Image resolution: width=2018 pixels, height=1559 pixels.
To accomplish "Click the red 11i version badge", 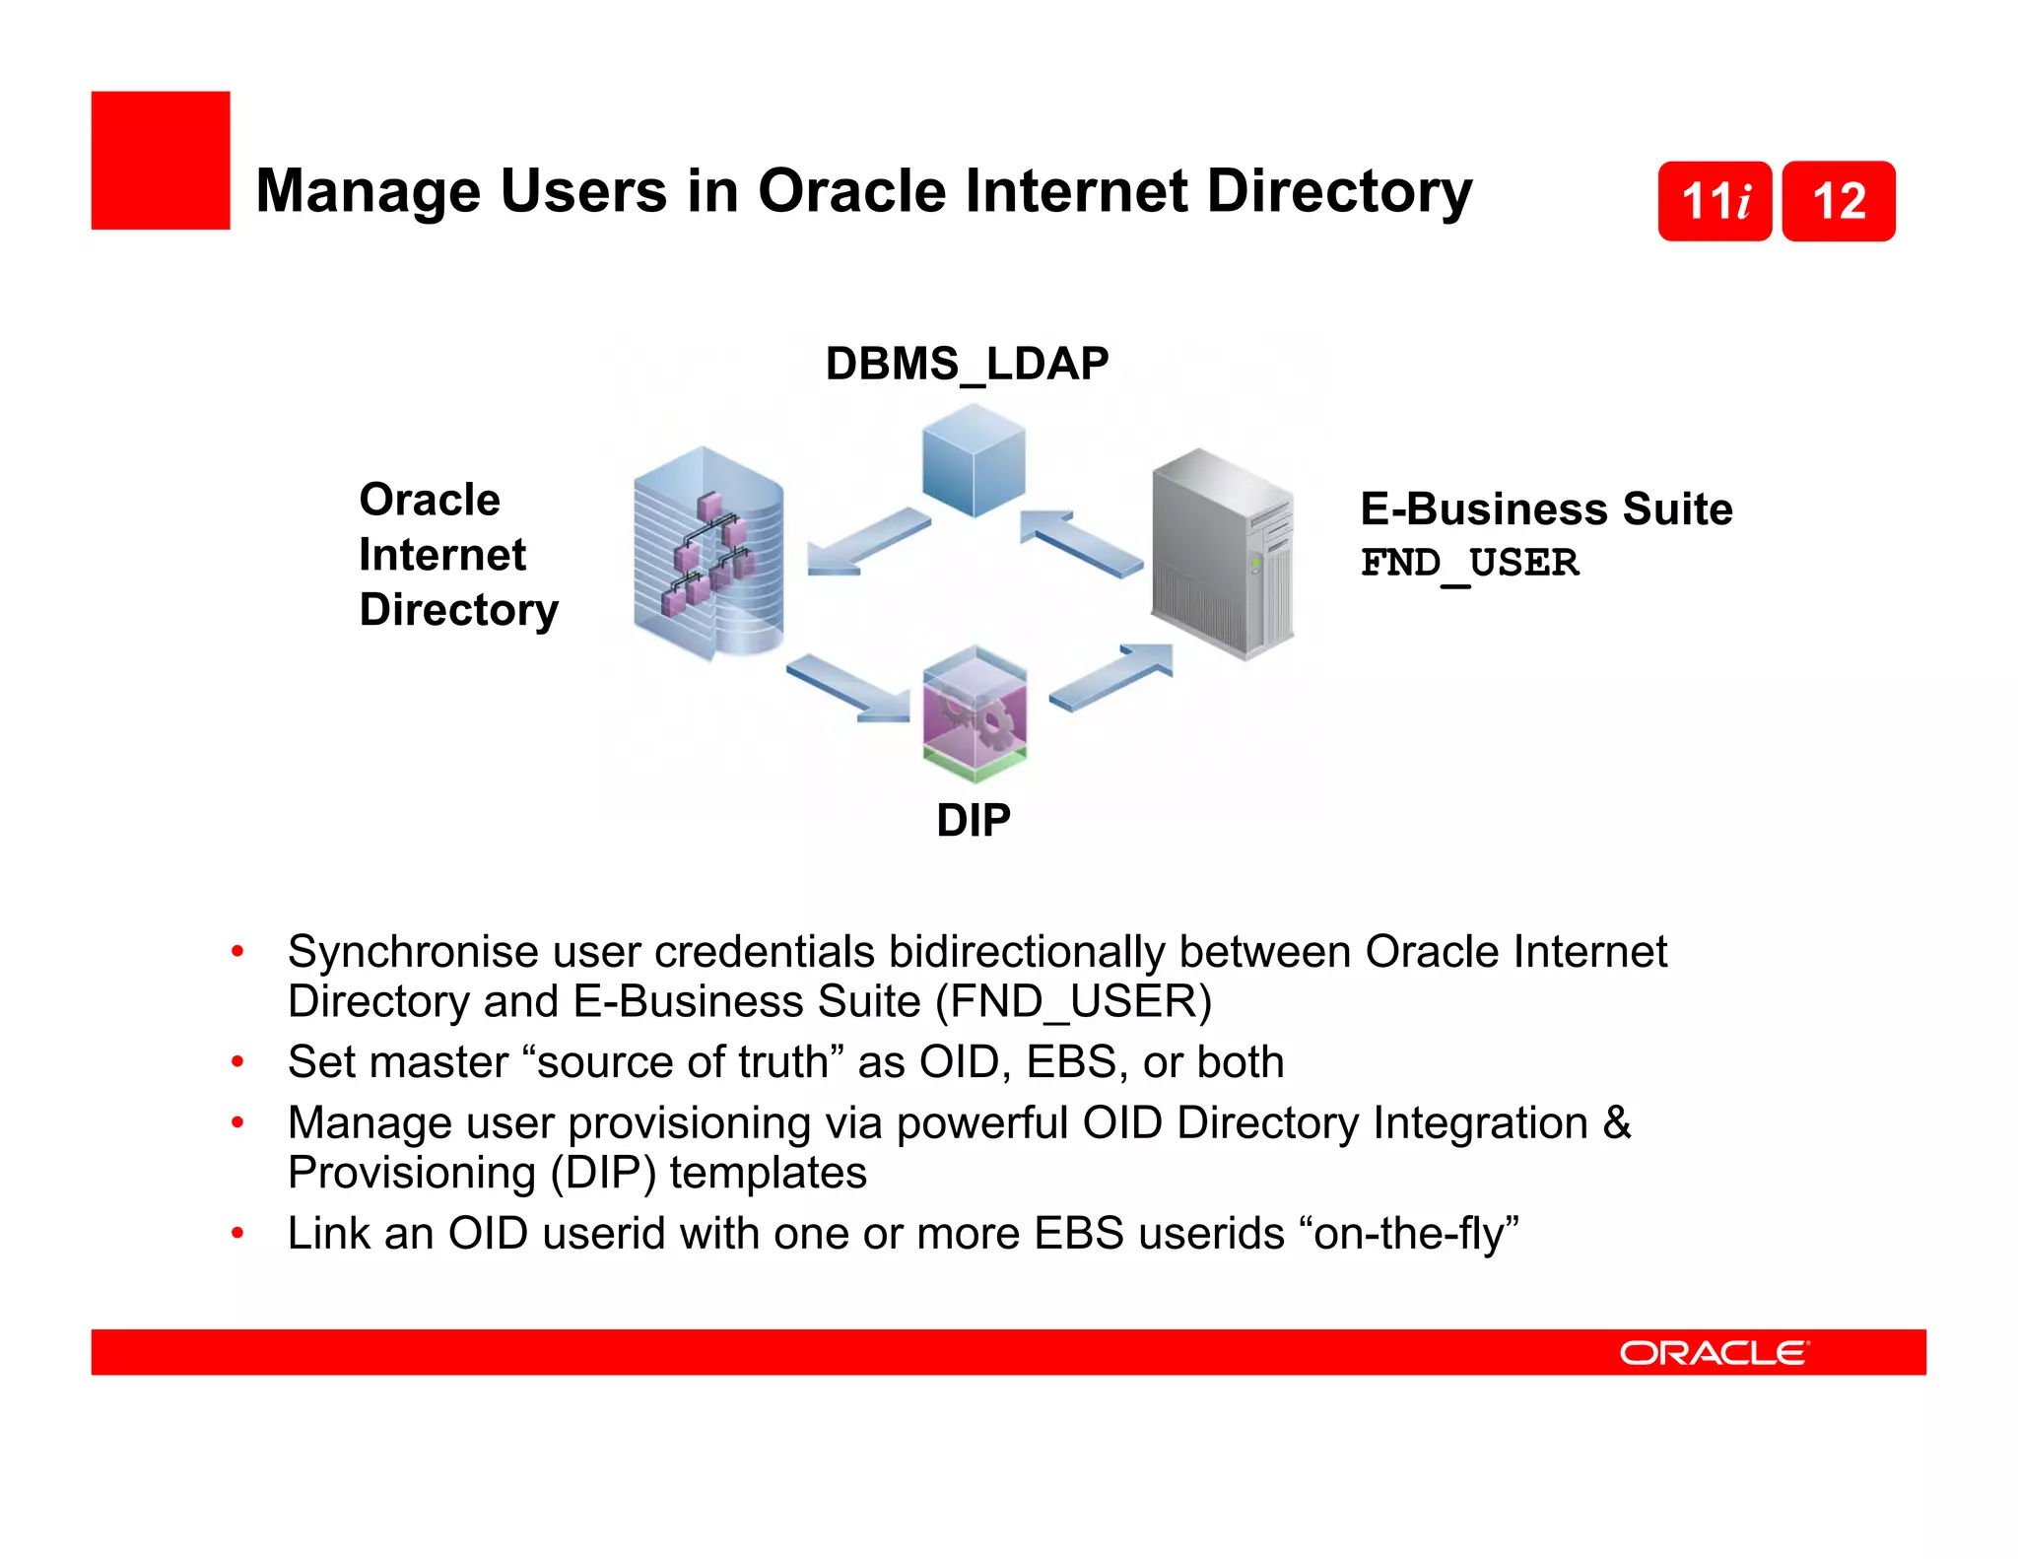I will coord(1715,201).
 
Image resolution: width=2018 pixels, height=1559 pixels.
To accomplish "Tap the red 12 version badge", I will coord(1839,201).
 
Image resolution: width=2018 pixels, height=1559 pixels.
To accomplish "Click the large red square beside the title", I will coord(161,161).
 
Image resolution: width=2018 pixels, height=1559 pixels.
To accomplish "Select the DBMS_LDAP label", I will coord(967,364).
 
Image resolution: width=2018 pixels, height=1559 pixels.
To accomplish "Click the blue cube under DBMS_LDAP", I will coord(974,460).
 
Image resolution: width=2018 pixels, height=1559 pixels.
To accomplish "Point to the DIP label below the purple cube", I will coord(973,820).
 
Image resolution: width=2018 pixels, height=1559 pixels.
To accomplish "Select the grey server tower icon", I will coord(1222,553).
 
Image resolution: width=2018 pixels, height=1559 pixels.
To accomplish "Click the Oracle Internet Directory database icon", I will coord(708,553).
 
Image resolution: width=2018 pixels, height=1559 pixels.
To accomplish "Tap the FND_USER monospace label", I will coord(1469,564).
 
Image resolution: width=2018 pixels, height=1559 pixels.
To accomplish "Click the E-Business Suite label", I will coord(1545,509).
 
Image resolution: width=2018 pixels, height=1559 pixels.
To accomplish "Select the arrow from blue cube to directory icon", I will coord(867,541).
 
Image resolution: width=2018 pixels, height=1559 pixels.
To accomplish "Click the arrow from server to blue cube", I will coord(1081,542).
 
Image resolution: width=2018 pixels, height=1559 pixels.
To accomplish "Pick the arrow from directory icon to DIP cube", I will coord(848,688).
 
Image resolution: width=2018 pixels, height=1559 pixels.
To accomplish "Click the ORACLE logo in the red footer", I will coord(1714,1352).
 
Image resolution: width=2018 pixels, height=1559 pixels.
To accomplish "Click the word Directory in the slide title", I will coord(1339,190).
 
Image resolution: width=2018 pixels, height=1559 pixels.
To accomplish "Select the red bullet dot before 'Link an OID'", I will coord(237,1233).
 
